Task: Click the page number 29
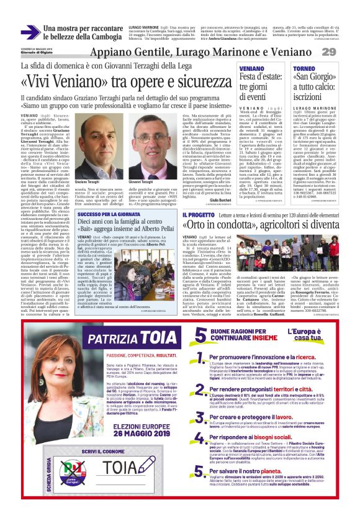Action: tap(346, 52)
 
